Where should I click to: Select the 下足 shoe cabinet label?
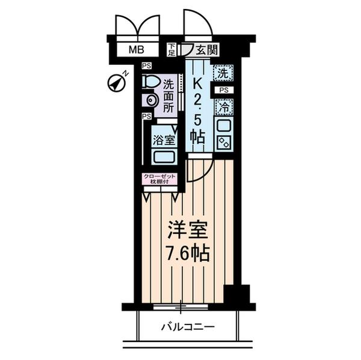click(172, 49)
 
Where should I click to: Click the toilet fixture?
click(150, 81)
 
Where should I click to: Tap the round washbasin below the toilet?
click(149, 101)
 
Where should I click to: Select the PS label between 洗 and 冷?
click(223, 90)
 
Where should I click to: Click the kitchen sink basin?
click(223, 126)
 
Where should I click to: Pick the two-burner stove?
click(223, 144)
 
